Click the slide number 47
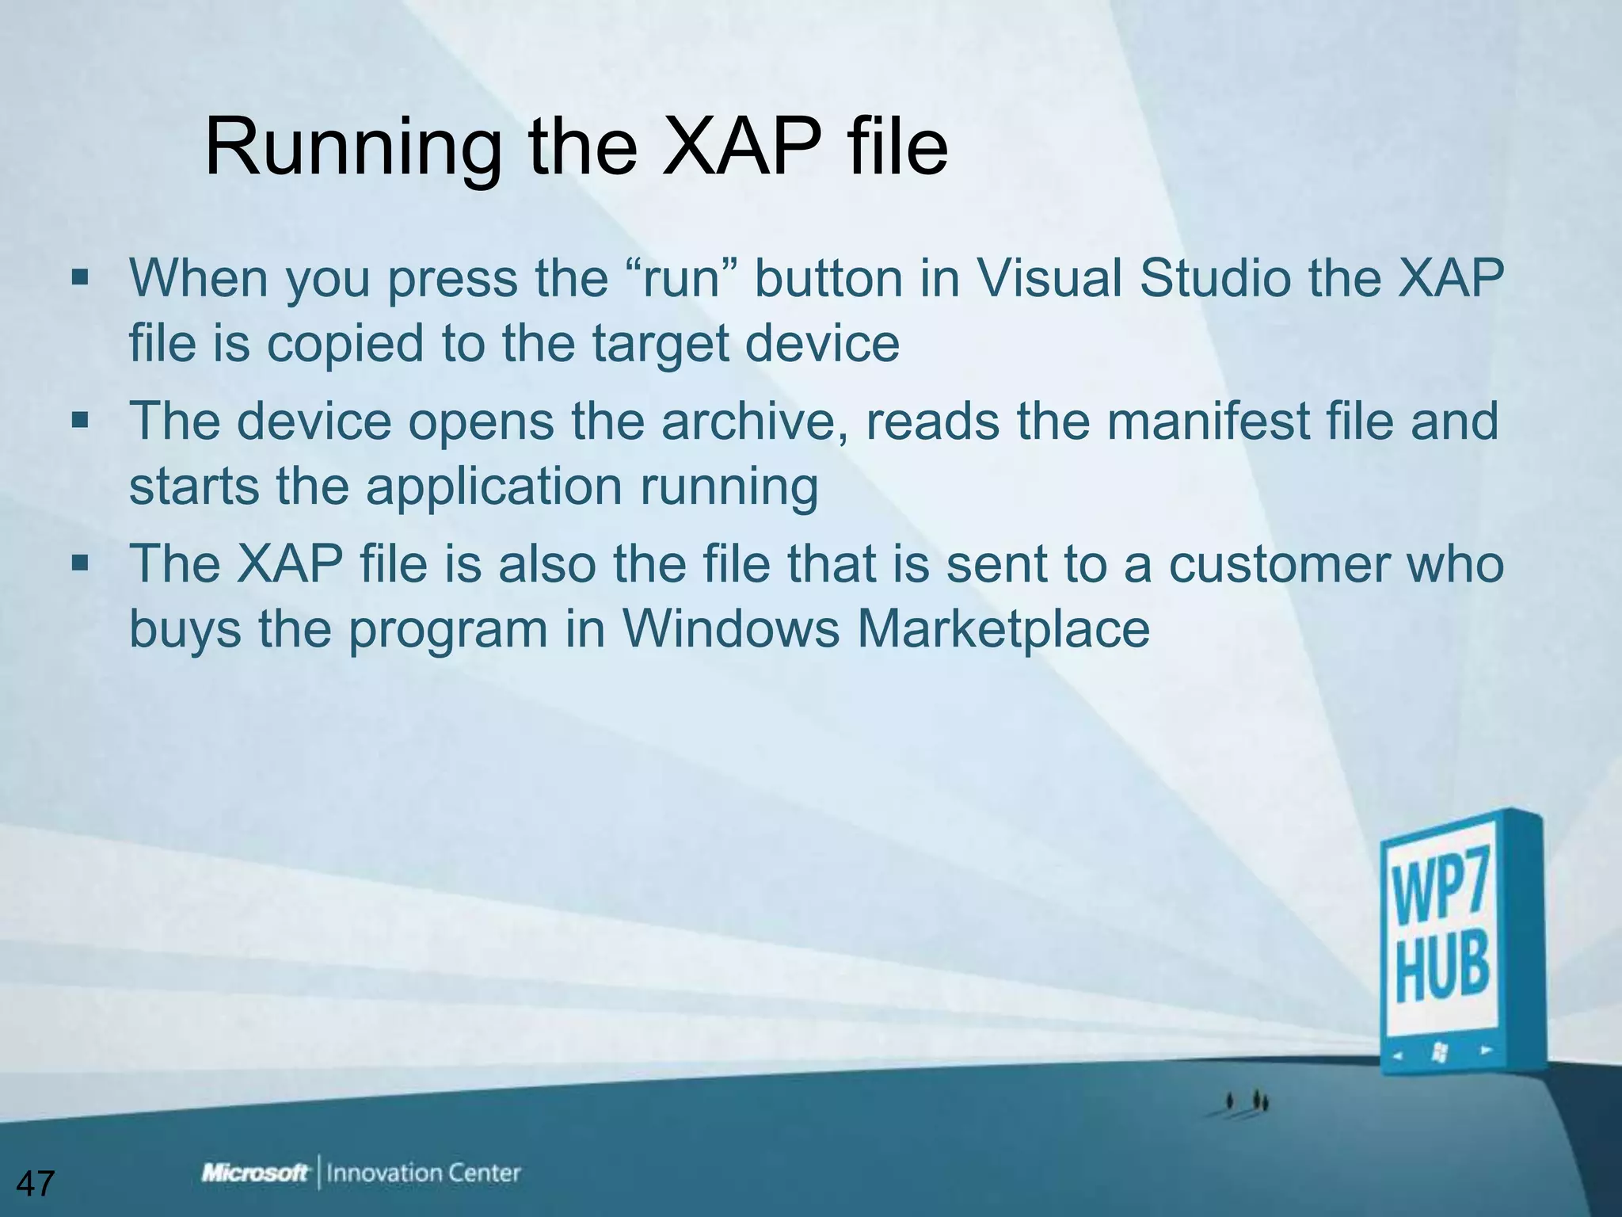point(35,1184)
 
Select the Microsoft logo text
point(255,1173)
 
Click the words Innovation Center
point(423,1173)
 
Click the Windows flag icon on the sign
point(1440,1052)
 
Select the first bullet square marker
point(80,277)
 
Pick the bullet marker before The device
point(80,420)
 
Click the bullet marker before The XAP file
point(80,563)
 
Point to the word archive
point(758,421)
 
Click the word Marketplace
point(1002,629)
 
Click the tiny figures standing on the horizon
point(1247,1101)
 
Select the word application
point(493,486)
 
